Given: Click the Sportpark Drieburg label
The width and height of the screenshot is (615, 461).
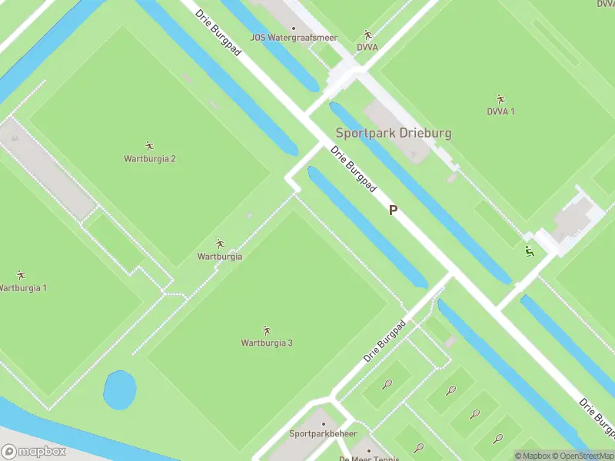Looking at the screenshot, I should [x=393, y=133].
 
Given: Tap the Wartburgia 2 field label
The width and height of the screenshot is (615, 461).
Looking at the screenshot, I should [x=150, y=159].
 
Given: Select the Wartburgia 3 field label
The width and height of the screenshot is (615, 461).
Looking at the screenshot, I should [x=267, y=343].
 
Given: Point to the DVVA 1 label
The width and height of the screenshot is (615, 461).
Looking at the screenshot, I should [x=500, y=111].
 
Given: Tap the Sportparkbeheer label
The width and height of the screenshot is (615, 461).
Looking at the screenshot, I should [x=323, y=433].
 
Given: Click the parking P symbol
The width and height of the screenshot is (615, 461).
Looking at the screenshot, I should [x=393, y=210].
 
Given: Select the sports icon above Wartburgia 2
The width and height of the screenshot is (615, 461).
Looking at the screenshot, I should [x=149, y=145].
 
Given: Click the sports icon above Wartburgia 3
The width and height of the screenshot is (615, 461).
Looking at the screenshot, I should [x=267, y=330].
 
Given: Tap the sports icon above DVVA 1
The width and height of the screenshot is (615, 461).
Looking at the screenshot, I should [x=500, y=98].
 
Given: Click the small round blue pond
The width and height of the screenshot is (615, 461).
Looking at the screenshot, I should [x=118, y=390].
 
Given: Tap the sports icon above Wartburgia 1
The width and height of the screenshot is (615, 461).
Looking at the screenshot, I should [x=21, y=274].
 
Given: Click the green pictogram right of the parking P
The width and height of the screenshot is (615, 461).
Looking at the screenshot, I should [x=529, y=250].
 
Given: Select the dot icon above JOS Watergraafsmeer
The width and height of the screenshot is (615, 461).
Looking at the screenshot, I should [x=293, y=28].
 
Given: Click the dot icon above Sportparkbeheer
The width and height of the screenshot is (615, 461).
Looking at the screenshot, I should [x=324, y=423].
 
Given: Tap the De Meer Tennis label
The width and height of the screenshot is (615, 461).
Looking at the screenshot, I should [x=370, y=459].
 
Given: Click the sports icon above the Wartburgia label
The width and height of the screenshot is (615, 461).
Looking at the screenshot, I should [x=220, y=244].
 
